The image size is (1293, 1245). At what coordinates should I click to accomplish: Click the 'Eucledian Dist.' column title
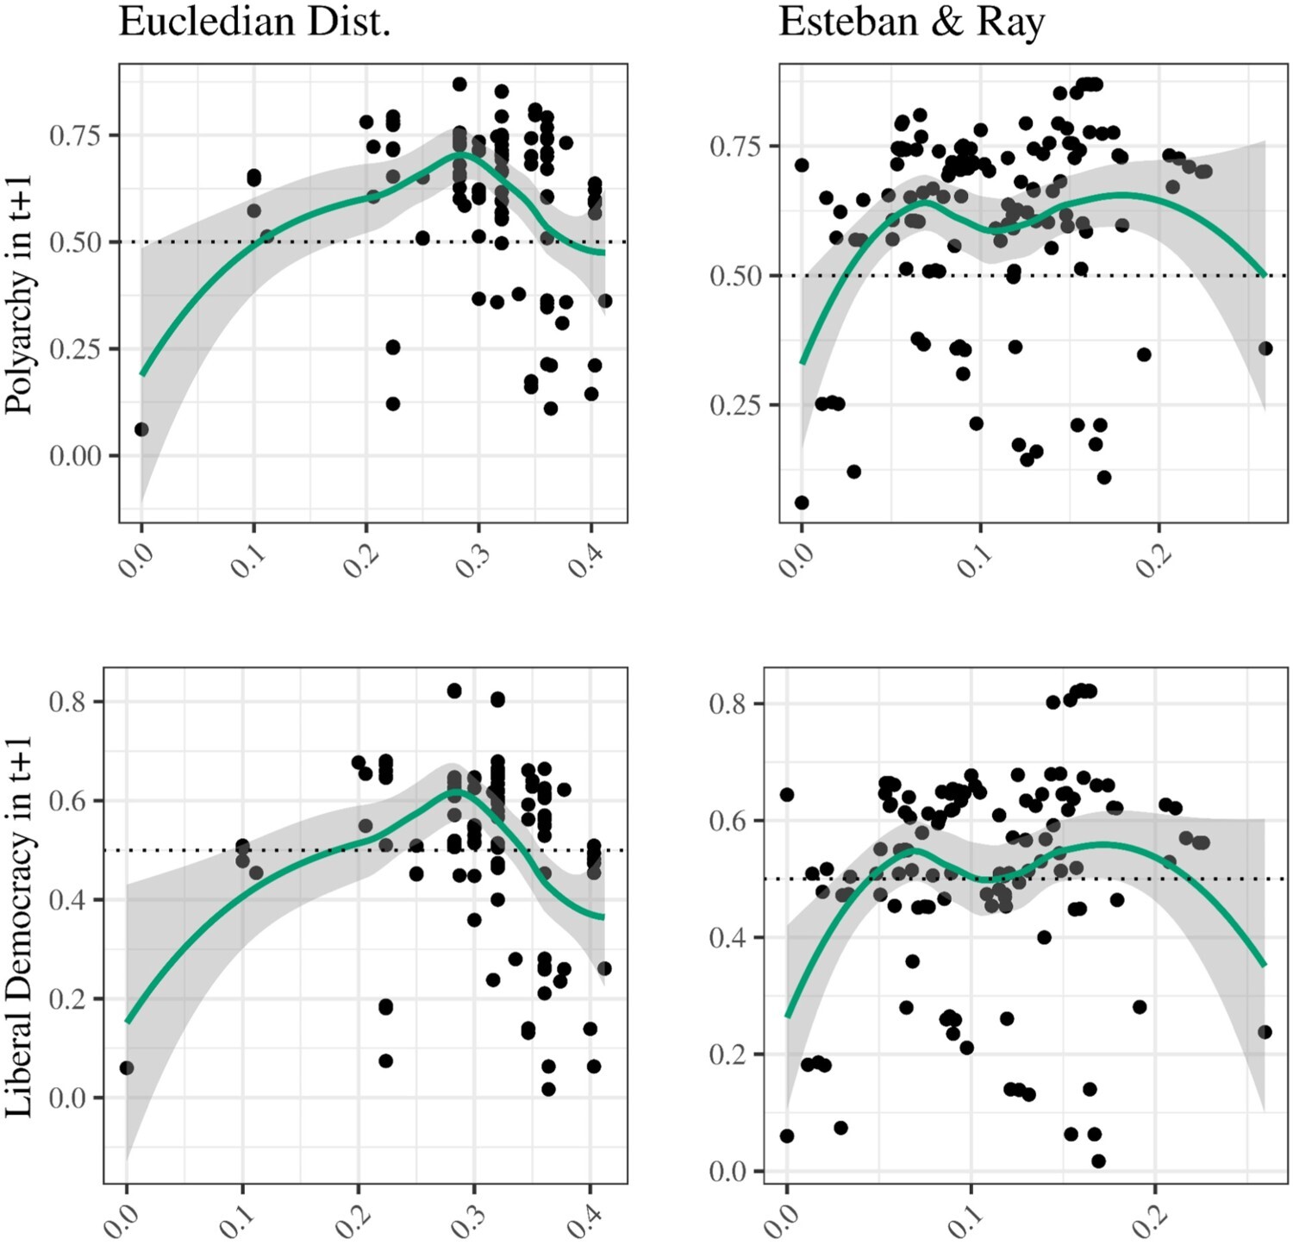tap(254, 22)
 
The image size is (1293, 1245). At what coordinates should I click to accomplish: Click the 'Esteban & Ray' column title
tap(911, 22)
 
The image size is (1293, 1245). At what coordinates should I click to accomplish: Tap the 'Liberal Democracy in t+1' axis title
tap(19, 927)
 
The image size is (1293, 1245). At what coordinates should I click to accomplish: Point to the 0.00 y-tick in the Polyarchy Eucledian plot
tap(75, 455)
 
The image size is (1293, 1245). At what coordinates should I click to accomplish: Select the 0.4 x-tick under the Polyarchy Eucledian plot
tap(585, 559)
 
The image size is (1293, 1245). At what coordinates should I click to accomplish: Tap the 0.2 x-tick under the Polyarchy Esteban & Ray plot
tap(1153, 559)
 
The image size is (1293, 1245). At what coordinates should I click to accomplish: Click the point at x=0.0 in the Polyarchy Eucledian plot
tap(141, 429)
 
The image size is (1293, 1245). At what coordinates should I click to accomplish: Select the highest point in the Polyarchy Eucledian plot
tap(459, 84)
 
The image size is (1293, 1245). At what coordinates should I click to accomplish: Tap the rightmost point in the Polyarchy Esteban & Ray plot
tap(1265, 348)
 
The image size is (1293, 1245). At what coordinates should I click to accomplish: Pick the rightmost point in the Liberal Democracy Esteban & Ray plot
tap(1265, 1032)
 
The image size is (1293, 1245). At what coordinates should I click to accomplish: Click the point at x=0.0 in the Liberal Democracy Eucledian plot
tap(127, 1068)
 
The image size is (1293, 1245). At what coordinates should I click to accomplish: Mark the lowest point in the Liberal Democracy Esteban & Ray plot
tap(1098, 1161)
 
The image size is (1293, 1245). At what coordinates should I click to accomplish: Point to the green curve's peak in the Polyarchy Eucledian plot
tap(460, 153)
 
